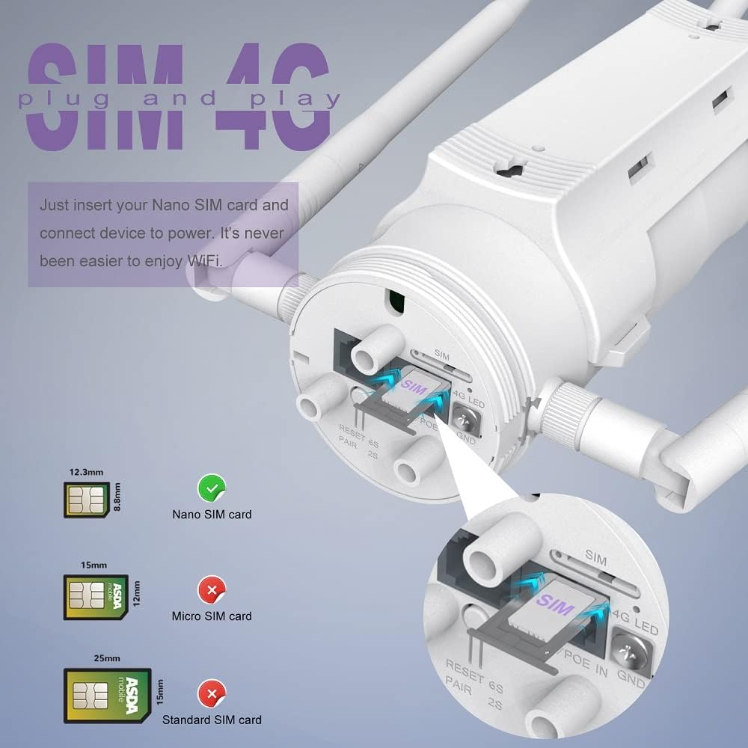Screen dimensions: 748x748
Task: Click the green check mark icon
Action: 212,488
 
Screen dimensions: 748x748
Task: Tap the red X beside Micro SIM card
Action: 212,591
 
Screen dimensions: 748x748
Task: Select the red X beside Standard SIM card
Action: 212,695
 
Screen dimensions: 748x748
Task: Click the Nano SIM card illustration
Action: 87,497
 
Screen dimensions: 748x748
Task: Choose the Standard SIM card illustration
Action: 108,695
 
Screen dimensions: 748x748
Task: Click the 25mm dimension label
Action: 106,659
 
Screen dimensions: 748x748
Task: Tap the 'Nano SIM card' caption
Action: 212,515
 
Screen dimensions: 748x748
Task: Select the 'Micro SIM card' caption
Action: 212,616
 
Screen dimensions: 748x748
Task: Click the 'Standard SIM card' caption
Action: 212,720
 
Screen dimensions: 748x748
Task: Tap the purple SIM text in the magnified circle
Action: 554,604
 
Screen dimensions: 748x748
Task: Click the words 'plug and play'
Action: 180,99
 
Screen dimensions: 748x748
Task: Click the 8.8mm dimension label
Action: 117,497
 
